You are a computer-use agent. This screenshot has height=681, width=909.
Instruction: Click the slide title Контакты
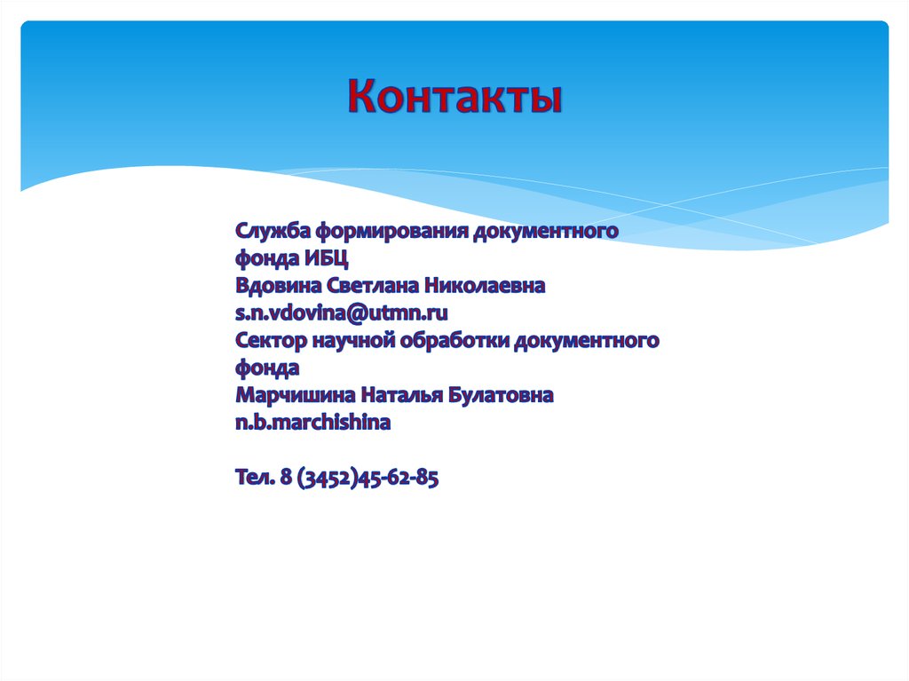click(x=454, y=97)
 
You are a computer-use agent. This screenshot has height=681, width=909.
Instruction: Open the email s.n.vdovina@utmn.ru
click(x=342, y=313)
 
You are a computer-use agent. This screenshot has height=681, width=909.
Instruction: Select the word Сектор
click(x=272, y=340)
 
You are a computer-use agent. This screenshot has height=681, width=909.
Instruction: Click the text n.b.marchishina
click(x=312, y=423)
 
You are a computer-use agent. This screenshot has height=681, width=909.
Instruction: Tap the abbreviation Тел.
click(x=255, y=478)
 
